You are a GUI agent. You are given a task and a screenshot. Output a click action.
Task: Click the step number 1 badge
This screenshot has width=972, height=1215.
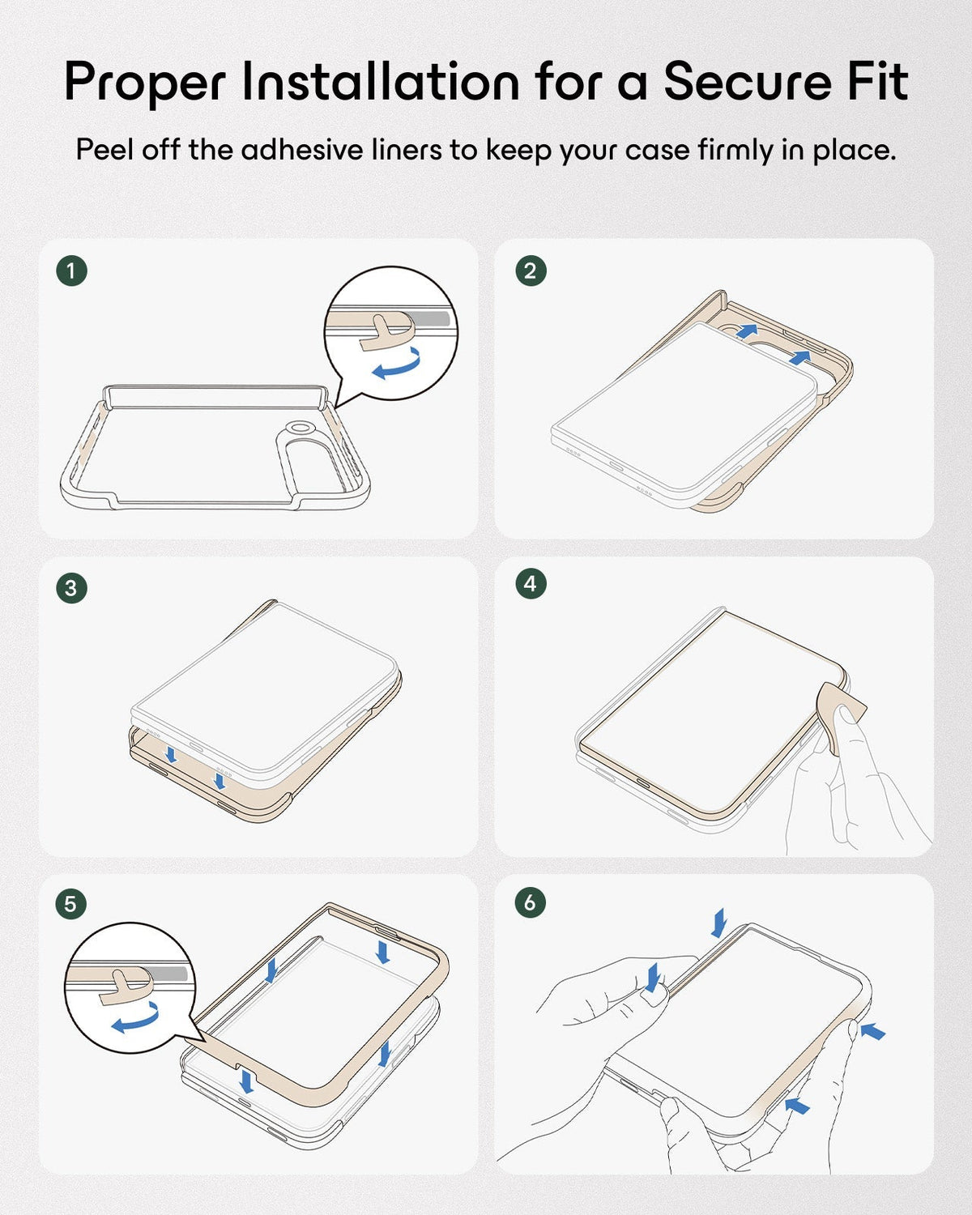click(72, 271)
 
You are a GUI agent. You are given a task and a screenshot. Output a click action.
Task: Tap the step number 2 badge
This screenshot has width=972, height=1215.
click(531, 271)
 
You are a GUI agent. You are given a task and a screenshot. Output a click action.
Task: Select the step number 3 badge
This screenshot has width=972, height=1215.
click(72, 588)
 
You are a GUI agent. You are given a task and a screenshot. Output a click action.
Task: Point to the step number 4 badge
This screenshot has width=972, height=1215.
click(531, 584)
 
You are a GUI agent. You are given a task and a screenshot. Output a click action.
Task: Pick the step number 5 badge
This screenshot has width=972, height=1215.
click(71, 905)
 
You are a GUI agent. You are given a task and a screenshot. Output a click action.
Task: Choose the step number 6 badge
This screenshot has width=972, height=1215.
click(531, 902)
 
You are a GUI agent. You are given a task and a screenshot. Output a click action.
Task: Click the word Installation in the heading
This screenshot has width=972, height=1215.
click(381, 83)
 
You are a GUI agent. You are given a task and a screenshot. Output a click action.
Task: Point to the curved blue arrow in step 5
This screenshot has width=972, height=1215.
click(135, 1018)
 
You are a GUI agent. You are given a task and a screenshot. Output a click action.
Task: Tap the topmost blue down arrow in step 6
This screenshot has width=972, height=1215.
click(719, 922)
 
